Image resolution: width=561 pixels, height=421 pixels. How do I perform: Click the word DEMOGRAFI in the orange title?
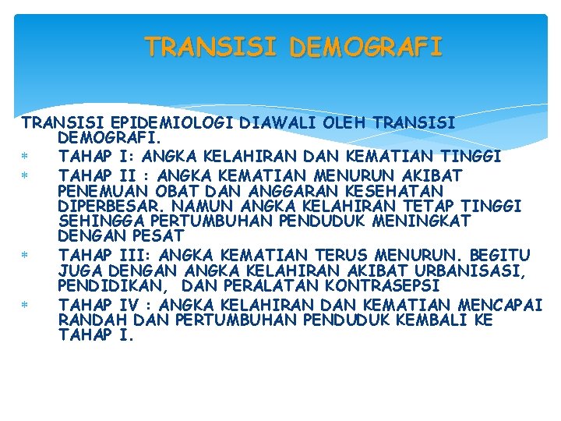point(365,48)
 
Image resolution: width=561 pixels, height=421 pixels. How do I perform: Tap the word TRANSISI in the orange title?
point(212,48)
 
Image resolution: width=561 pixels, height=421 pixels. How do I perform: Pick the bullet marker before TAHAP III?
point(26,256)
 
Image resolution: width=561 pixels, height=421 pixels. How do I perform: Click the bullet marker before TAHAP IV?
point(26,306)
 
